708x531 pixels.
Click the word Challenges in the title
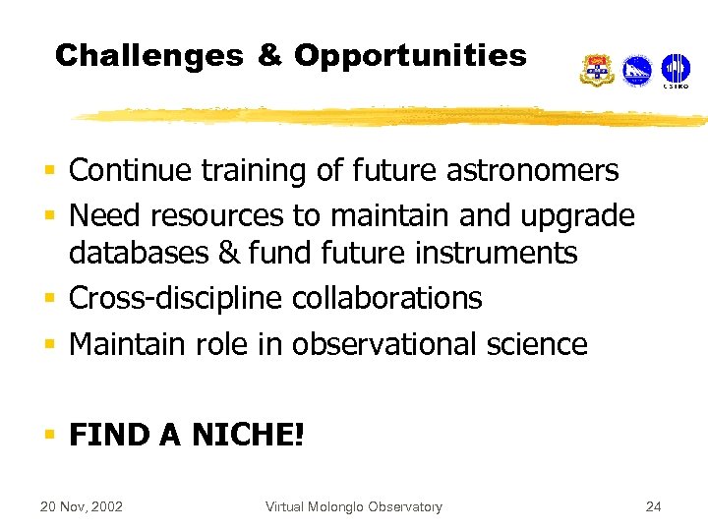[x=148, y=56]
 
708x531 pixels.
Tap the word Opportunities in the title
[x=410, y=56]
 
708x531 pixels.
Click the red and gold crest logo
[x=596, y=71]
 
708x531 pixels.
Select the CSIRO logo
[x=676, y=71]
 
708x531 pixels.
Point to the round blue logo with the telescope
[x=637, y=71]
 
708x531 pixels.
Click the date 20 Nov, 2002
[x=81, y=507]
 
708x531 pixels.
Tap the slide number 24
[x=653, y=507]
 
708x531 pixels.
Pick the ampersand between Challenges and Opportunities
[x=269, y=56]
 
